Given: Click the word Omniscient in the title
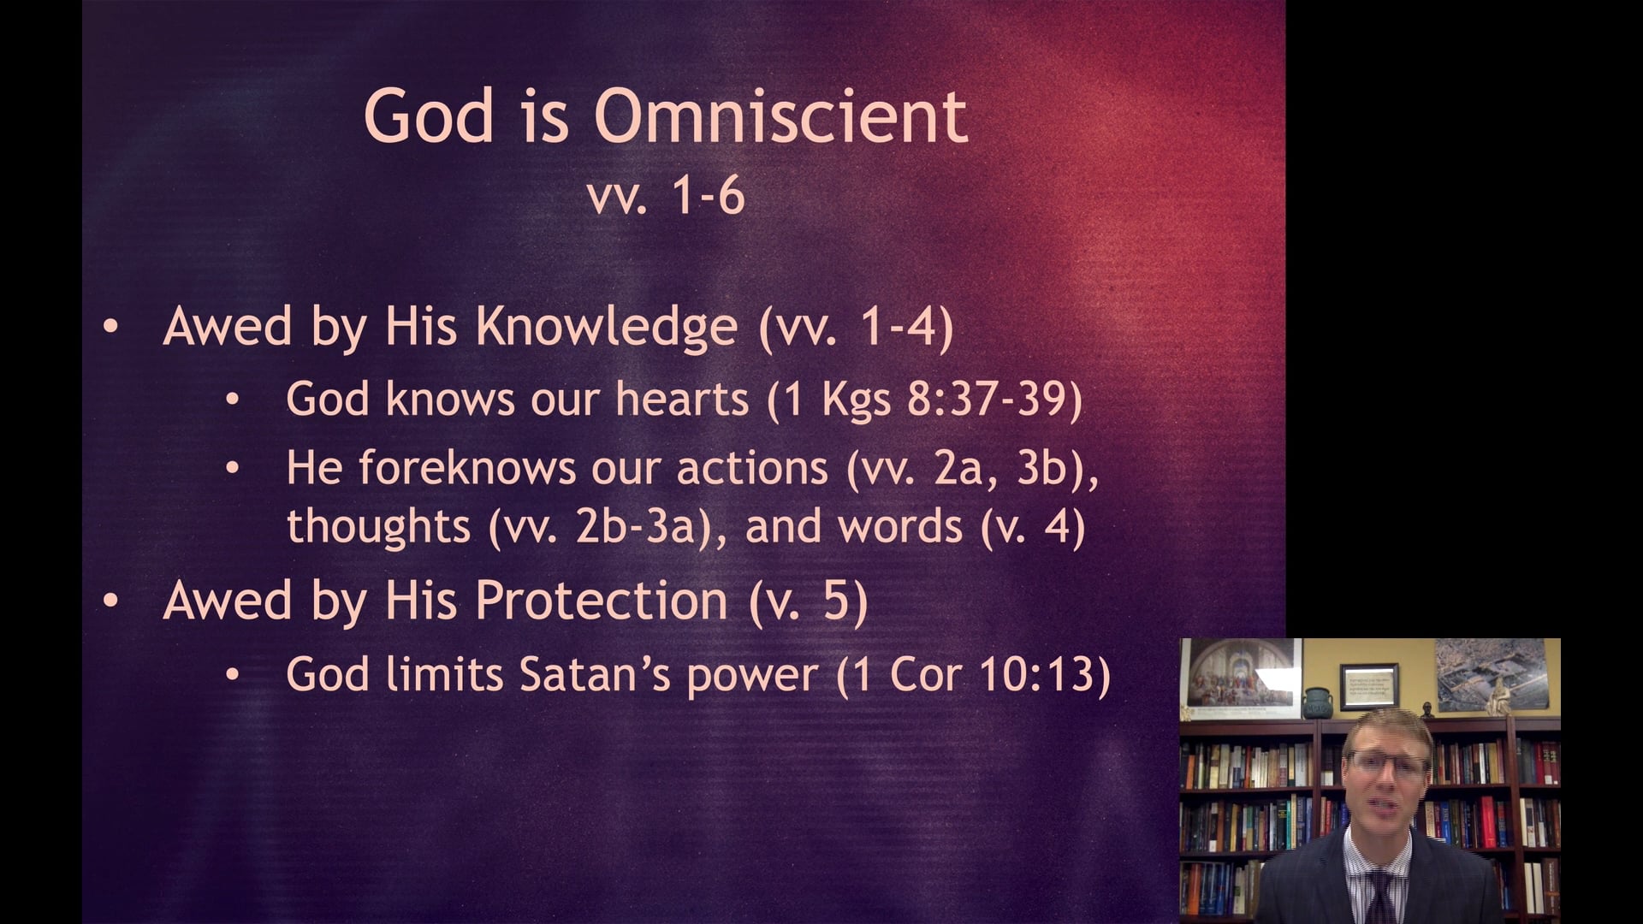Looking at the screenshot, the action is coord(780,115).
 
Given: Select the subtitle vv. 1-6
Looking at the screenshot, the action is coord(666,196).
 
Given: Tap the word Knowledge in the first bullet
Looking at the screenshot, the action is coord(606,327).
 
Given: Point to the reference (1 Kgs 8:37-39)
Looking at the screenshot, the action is coord(924,400).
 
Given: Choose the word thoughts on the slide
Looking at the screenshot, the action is coord(378,525).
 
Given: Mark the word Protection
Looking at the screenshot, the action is coord(602,600).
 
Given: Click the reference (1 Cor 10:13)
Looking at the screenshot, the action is coord(973,674).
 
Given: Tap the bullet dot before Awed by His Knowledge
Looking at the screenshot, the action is coord(110,328).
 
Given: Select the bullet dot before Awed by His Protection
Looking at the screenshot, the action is coord(110,601).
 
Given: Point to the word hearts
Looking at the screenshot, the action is coord(681,400).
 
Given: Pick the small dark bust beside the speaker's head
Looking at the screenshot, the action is coord(1427,709).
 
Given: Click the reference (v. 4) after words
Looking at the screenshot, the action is coord(1032,526).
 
